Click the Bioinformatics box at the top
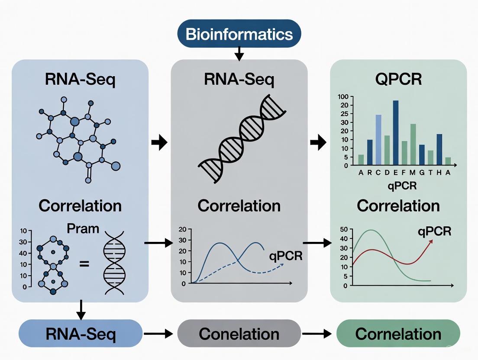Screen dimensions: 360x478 pyautogui.click(x=239, y=33)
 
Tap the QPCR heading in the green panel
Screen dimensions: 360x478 pyautogui.click(x=398, y=80)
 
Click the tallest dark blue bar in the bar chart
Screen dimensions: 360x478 pyautogui.click(x=396, y=133)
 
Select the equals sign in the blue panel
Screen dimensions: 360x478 pyautogui.click(x=84, y=262)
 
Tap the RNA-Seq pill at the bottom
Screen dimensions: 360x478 pyautogui.click(x=81, y=334)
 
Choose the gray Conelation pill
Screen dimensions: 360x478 pyautogui.click(x=239, y=334)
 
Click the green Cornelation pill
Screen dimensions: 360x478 pyautogui.click(x=398, y=334)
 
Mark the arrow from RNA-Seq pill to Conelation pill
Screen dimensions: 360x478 pyautogui.click(x=160, y=334)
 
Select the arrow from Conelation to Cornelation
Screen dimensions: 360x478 pyautogui.click(x=318, y=334)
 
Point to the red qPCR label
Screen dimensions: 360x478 pyautogui.click(x=434, y=231)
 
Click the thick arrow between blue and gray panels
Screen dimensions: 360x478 pyautogui.click(x=160, y=142)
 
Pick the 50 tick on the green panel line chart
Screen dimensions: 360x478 pyautogui.click(x=344, y=229)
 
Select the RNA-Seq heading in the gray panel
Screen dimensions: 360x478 pyautogui.click(x=239, y=80)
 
